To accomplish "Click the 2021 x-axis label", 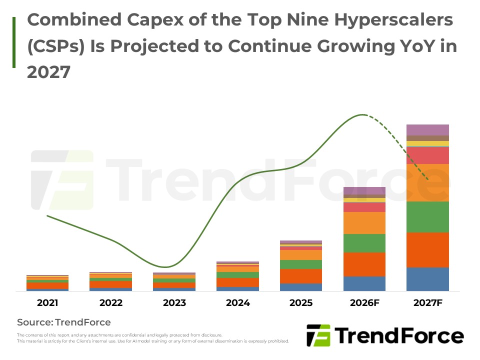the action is click(x=47, y=303).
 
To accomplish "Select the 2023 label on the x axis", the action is click(x=174, y=303).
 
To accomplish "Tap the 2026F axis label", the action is click(x=364, y=303).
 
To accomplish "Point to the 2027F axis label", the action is click(x=427, y=303).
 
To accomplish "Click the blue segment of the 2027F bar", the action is click(x=427, y=279).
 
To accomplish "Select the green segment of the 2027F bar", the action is click(x=427, y=217).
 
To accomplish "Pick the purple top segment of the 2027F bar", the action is click(x=427, y=130).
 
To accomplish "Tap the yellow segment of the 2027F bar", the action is click(x=427, y=143).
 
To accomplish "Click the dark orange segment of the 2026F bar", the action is click(x=364, y=264).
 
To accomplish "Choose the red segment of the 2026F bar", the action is click(x=364, y=207).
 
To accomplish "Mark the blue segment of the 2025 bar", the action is click(x=301, y=287).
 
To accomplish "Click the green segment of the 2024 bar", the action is click(x=237, y=275).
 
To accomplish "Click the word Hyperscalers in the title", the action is click(x=393, y=20).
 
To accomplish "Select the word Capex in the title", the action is click(x=155, y=20).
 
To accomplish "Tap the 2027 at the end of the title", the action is click(x=48, y=72).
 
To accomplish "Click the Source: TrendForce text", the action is click(x=64, y=322).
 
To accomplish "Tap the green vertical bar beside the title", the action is click(x=14, y=42).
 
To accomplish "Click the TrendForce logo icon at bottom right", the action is click(x=318, y=335).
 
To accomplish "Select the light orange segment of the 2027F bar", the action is click(x=427, y=183).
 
